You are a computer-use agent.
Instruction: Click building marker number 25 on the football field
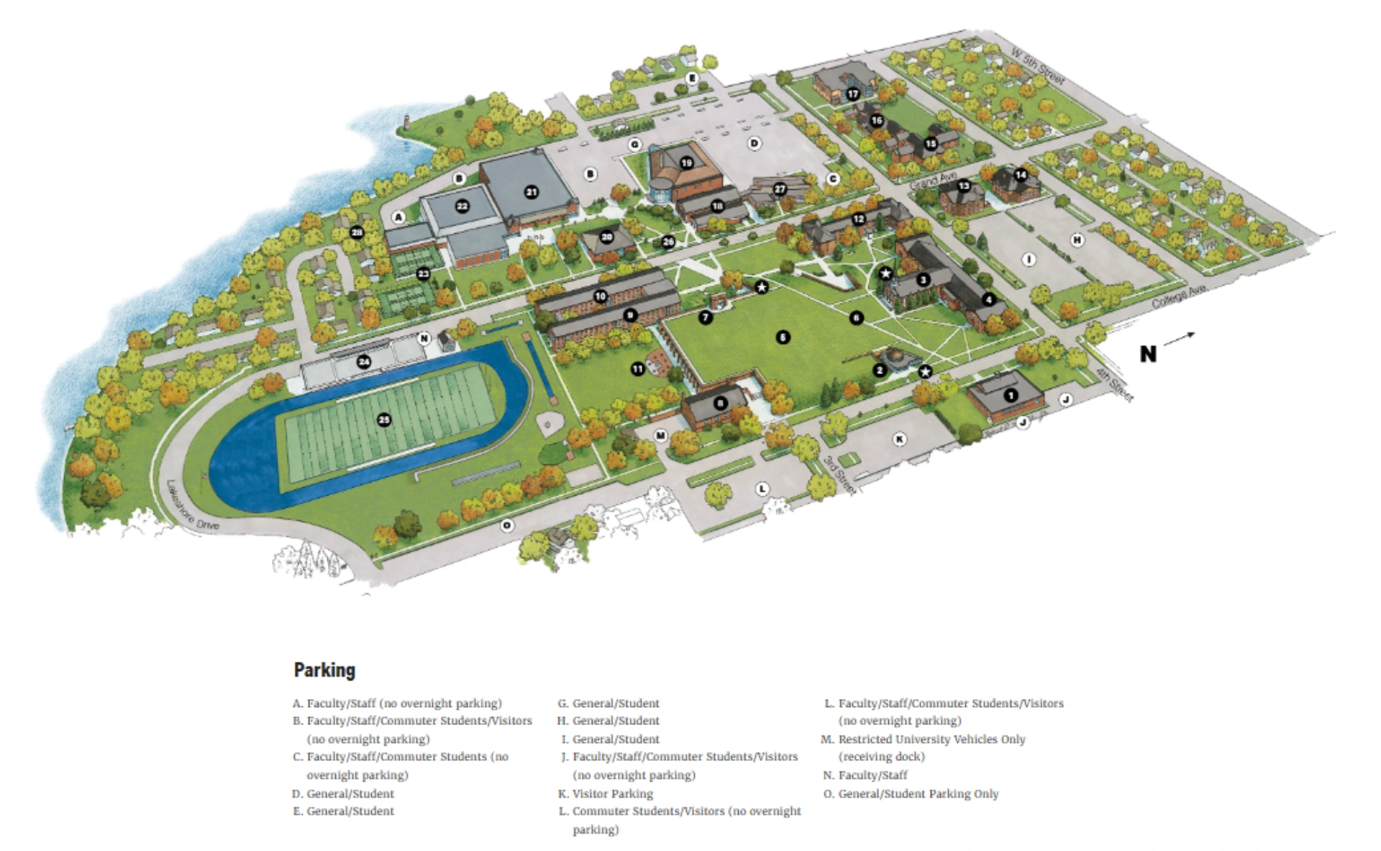(384, 420)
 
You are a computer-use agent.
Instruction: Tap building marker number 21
(531, 192)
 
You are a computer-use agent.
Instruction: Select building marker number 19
(686, 163)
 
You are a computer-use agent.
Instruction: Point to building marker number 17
(852, 94)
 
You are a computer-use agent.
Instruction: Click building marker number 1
(1011, 395)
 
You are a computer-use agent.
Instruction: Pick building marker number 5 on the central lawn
(783, 337)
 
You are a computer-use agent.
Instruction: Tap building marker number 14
(1020, 175)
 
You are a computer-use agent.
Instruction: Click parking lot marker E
(692, 78)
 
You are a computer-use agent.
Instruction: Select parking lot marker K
(899, 439)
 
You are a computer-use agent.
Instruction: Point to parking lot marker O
(507, 525)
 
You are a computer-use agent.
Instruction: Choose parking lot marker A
(398, 217)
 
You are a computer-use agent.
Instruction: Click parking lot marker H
(1077, 240)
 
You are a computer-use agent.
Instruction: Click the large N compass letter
(1148, 353)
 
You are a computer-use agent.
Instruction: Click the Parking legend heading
(324, 670)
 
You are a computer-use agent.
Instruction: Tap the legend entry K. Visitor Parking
(606, 793)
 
